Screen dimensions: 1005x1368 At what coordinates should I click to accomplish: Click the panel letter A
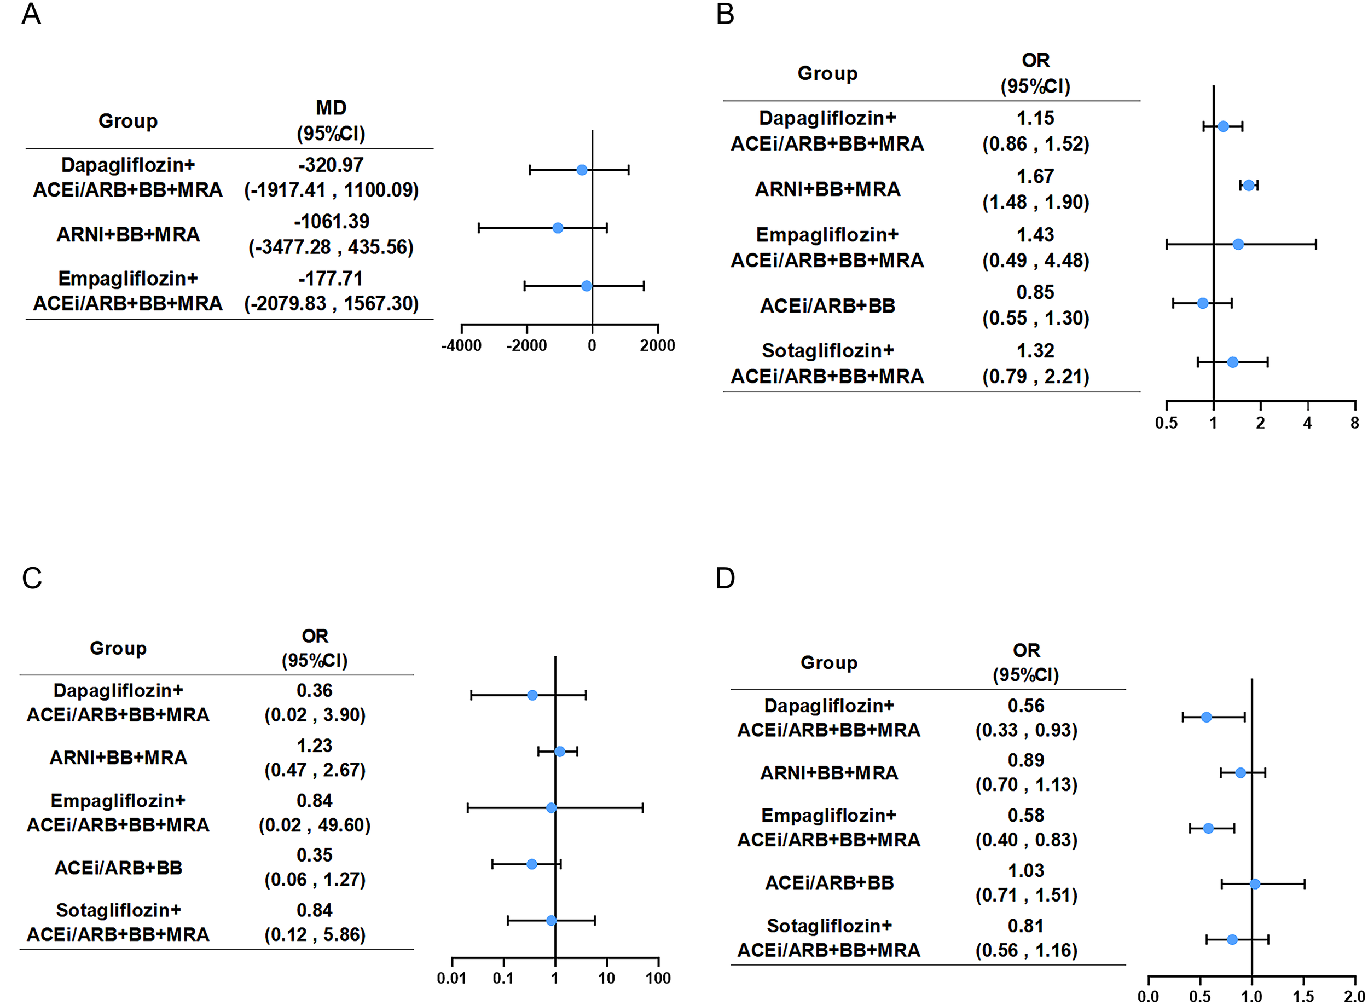point(31,13)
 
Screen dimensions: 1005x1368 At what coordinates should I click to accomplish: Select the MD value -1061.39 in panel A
point(332,222)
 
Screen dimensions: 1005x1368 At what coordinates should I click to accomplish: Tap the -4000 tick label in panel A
point(461,345)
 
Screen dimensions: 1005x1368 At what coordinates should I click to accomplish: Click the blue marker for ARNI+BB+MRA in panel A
point(558,228)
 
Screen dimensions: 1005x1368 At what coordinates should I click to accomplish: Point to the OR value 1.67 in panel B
point(1035,176)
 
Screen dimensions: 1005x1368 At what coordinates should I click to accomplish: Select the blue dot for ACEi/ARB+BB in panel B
point(1202,303)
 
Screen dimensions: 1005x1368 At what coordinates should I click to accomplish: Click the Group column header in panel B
point(827,73)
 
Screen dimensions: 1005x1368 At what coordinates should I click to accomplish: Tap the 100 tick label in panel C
point(658,978)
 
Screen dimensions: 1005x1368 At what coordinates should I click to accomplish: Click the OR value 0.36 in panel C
point(314,690)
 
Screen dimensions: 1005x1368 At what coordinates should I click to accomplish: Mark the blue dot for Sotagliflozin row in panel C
point(551,921)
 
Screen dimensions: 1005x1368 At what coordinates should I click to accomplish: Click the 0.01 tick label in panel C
point(451,978)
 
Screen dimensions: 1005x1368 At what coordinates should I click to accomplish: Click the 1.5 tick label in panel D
point(1303,996)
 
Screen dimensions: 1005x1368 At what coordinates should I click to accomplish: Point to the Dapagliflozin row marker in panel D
point(1205,717)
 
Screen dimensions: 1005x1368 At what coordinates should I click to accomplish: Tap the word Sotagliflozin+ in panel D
point(828,925)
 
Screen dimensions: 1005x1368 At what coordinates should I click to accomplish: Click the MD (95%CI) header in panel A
point(331,120)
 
